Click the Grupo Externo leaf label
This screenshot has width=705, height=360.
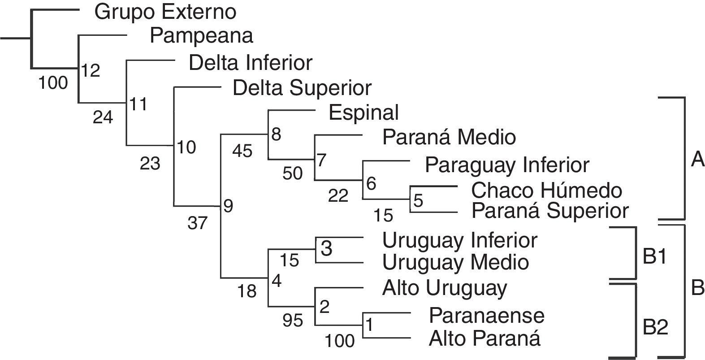click(x=165, y=13)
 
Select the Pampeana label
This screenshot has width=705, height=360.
click(x=201, y=35)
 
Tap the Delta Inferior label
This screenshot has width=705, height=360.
click(x=251, y=63)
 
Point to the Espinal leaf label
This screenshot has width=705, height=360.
click(x=363, y=113)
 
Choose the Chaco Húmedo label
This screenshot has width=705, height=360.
click(x=547, y=190)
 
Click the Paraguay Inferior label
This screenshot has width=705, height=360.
click(x=507, y=165)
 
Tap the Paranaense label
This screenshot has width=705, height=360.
click(x=487, y=315)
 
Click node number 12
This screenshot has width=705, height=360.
click(x=91, y=70)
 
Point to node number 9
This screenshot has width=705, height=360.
click(x=228, y=206)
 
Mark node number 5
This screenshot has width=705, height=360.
click(x=418, y=200)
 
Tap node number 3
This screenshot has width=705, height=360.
click(x=326, y=248)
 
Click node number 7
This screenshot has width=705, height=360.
click(x=321, y=160)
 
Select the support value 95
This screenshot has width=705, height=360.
click(x=292, y=320)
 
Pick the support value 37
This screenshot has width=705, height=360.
click(x=197, y=223)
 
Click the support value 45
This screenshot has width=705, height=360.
click(x=242, y=151)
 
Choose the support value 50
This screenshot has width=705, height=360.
click(x=292, y=173)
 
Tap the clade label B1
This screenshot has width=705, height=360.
click(x=654, y=256)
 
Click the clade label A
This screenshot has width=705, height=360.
click(x=697, y=160)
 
